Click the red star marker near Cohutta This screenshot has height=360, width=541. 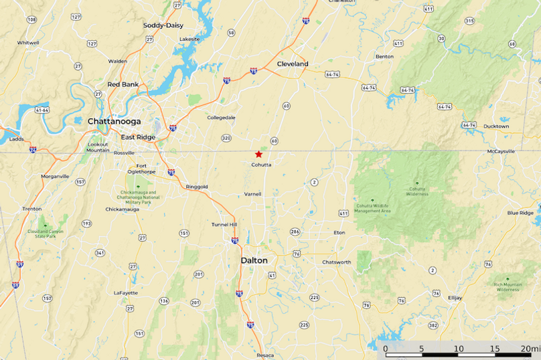point(258,154)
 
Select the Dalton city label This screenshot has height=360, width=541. point(254,260)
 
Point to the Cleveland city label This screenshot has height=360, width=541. point(293,64)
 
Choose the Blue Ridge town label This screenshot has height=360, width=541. point(520,213)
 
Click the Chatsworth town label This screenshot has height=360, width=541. point(336,262)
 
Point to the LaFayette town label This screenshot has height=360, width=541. point(125,292)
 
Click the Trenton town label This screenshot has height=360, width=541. point(31,209)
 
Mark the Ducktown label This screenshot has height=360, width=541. point(496,126)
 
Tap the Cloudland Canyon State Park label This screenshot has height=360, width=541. point(46,233)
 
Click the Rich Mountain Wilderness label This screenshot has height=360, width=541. point(508,287)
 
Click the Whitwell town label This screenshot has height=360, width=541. point(28,42)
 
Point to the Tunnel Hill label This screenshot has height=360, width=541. point(224,224)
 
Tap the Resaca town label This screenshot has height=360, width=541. point(265,355)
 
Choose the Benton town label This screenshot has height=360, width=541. point(384,57)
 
